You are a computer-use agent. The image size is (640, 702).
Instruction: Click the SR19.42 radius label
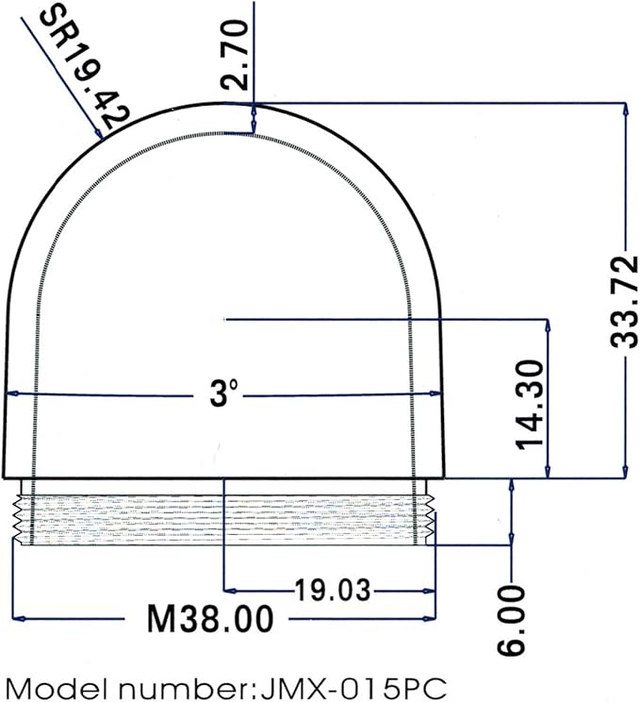pyautogui.click(x=84, y=68)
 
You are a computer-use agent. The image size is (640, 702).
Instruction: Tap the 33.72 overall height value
pyautogui.click(x=623, y=301)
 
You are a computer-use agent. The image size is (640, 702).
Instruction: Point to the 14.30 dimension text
pyautogui.click(x=531, y=404)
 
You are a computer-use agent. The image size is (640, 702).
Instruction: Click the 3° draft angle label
pyautogui.click(x=223, y=393)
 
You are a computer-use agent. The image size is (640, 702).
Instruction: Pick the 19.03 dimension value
pyautogui.click(x=333, y=590)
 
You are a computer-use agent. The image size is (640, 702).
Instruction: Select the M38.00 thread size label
pyautogui.click(x=210, y=619)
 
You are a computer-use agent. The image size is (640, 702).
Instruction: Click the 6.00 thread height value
pyautogui.click(x=511, y=620)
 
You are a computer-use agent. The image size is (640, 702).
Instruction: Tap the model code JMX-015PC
pyautogui.click(x=353, y=689)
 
